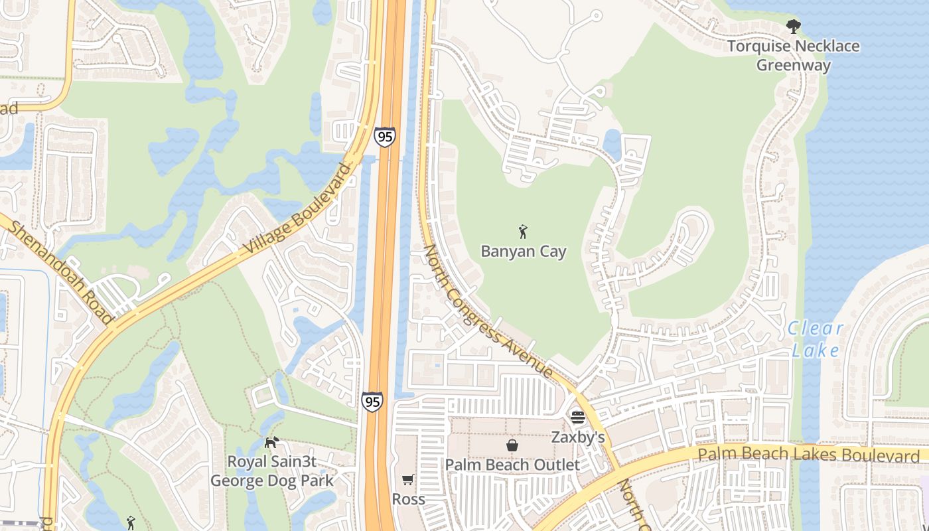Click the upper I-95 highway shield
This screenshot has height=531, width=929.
coord(384,137)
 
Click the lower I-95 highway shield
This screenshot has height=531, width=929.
coord(372,401)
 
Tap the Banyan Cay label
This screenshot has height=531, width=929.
coord(524,252)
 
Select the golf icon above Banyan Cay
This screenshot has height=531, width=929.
coord(523,232)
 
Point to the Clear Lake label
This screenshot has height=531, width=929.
coord(816,339)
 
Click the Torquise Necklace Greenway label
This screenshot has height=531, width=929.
coord(793,56)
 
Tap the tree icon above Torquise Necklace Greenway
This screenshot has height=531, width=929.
coord(792,27)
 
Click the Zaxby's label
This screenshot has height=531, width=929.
coord(578,437)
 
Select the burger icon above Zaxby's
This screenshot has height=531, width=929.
coord(577,417)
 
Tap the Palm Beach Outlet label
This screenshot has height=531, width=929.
coord(512,465)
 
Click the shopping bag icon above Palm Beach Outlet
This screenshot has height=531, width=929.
coord(512,445)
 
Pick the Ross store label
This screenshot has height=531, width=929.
coord(408,498)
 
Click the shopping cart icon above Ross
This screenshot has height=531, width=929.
coord(407,479)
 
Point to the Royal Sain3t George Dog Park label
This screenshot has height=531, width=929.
coord(272,470)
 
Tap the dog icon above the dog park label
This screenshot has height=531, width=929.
coord(271,442)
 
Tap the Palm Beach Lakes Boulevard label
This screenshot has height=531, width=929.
coord(808,455)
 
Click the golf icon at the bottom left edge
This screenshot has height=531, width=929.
coord(130,523)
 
